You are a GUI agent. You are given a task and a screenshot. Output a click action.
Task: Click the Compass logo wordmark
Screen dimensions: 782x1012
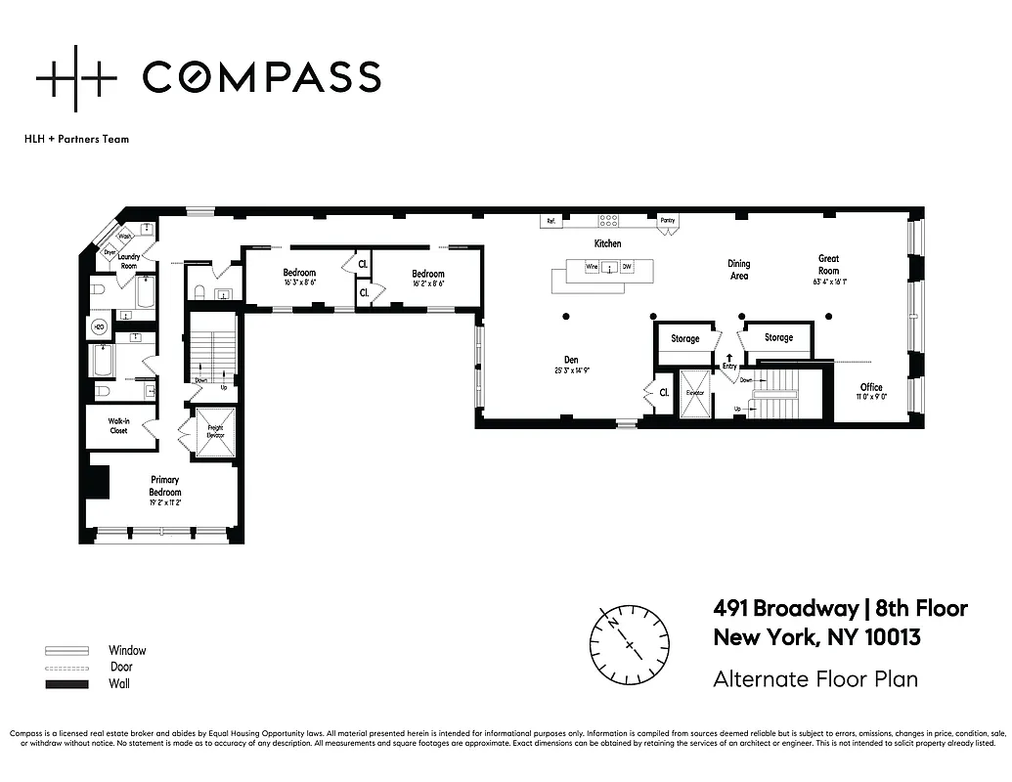click(261, 77)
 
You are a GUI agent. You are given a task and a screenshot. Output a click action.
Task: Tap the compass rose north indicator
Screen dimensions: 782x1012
click(613, 622)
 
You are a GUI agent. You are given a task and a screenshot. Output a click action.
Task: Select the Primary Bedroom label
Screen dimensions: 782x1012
click(164, 485)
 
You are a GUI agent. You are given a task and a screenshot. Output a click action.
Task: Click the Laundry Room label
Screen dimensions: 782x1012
click(129, 261)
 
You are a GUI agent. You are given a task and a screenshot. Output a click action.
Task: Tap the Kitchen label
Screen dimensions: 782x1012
click(607, 243)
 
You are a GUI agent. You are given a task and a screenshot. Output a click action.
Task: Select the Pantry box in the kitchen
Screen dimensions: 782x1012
click(668, 221)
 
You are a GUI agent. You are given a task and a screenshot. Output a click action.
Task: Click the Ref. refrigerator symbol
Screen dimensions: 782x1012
click(551, 221)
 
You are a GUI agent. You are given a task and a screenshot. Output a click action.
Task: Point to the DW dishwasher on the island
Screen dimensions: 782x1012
click(627, 266)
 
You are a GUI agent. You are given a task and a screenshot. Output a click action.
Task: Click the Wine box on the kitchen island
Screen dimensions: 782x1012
click(591, 266)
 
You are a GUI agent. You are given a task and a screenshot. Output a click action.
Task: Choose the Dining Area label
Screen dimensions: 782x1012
click(739, 270)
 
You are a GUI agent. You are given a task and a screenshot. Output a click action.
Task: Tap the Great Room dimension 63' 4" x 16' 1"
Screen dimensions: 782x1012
click(829, 281)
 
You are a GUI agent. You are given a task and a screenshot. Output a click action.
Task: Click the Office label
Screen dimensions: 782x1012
click(871, 387)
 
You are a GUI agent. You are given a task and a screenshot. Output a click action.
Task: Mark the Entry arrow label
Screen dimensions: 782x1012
click(728, 363)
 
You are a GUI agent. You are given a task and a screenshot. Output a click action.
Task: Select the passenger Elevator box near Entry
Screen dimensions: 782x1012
click(694, 393)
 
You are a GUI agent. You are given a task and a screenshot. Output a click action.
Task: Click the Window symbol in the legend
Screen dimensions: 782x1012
click(62, 650)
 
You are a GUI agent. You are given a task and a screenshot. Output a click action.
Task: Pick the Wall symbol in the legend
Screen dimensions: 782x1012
click(62, 683)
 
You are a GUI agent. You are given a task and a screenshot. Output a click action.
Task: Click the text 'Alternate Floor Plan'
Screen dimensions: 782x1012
click(815, 678)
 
